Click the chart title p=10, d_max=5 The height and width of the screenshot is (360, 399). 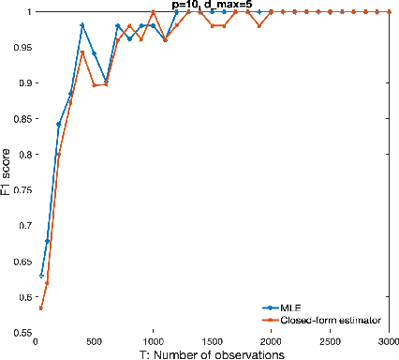point(212,6)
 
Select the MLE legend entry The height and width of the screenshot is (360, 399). point(288,307)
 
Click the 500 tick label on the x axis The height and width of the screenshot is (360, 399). point(94,341)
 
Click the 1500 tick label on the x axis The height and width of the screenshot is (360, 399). point(212,341)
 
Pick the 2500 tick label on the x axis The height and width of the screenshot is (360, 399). point(330,341)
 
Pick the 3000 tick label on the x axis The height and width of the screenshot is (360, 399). point(387,341)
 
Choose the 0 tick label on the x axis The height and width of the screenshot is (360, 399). point(36,341)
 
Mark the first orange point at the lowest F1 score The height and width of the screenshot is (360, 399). point(41,308)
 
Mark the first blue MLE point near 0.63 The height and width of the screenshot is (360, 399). point(41,276)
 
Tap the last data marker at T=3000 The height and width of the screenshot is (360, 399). point(389,11)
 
